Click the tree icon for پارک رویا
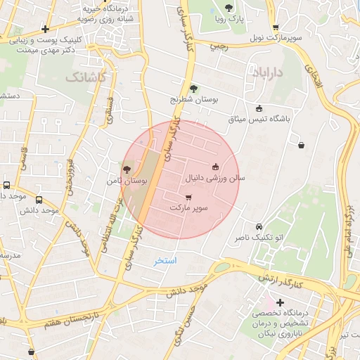point(229,8)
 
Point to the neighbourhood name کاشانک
point(86,76)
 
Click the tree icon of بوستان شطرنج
point(193,89)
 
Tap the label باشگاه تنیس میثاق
point(259,119)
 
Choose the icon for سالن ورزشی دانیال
point(214,167)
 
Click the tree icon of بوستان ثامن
point(127,169)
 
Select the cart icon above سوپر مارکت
point(188,198)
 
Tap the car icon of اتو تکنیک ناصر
point(259,226)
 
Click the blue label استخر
point(166,261)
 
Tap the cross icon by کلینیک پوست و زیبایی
point(46,30)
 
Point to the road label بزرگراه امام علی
point(349,232)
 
